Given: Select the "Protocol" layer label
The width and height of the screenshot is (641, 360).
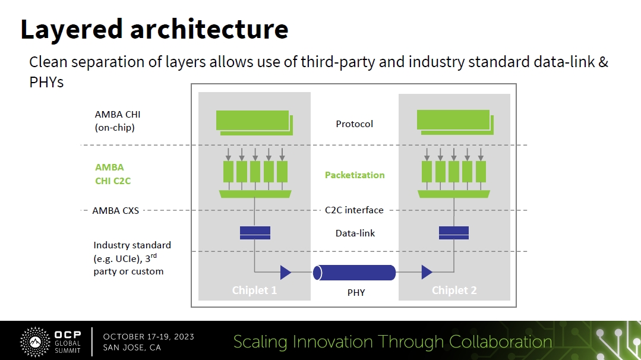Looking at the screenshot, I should coord(354,124).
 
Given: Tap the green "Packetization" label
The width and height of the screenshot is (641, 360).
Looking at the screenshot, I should coord(354,175).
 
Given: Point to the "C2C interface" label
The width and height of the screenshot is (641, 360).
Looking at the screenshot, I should coord(354,210).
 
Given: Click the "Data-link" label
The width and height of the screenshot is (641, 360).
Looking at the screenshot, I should coord(355,233).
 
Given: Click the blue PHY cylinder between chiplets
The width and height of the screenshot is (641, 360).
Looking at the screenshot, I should coord(355,273).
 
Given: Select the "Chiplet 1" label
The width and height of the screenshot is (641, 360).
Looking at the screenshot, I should coord(254,290).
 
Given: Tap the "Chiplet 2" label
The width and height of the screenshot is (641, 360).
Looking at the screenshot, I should coord(454,290).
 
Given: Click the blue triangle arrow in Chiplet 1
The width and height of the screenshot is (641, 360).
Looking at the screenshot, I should coord(285,273).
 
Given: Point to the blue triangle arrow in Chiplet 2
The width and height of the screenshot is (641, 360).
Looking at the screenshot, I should coord(426,273).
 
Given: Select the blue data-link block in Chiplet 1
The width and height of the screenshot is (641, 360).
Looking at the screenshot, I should coord(255,232).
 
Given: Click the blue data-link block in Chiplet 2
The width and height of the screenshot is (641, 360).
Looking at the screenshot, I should coord(453,232).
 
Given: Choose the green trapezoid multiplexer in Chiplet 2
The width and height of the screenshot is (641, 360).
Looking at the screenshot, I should coord(453,194).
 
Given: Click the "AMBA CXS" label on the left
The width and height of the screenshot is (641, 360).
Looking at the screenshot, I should coord(116,210).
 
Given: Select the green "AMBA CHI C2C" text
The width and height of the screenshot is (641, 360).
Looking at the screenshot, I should coord(113,174).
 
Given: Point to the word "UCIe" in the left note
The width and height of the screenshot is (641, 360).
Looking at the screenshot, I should coord(124,258).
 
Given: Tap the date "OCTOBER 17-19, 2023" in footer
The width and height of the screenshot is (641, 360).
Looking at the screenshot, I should coord(149,337).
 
